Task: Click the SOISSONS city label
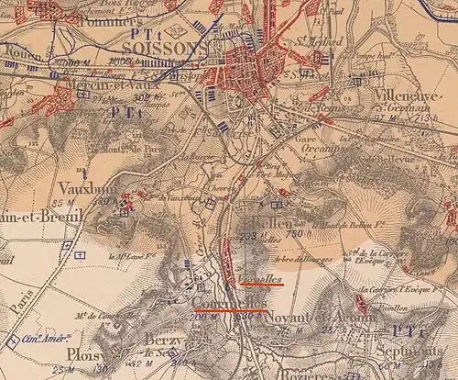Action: click(x=165, y=47)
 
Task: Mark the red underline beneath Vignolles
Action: click(x=262, y=285)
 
